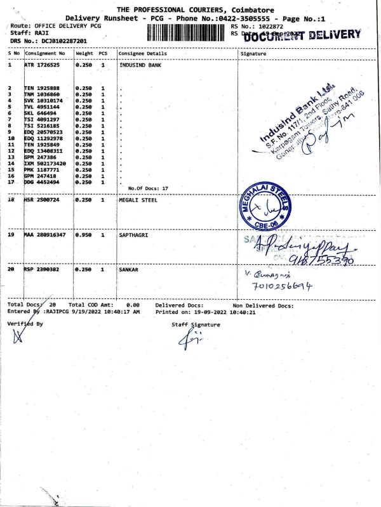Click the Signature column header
pyautogui.click(x=254, y=54)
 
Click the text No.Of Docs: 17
pyautogui.click(x=148, y=188)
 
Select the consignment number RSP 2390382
pyautogui.click(x=42, y=269)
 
